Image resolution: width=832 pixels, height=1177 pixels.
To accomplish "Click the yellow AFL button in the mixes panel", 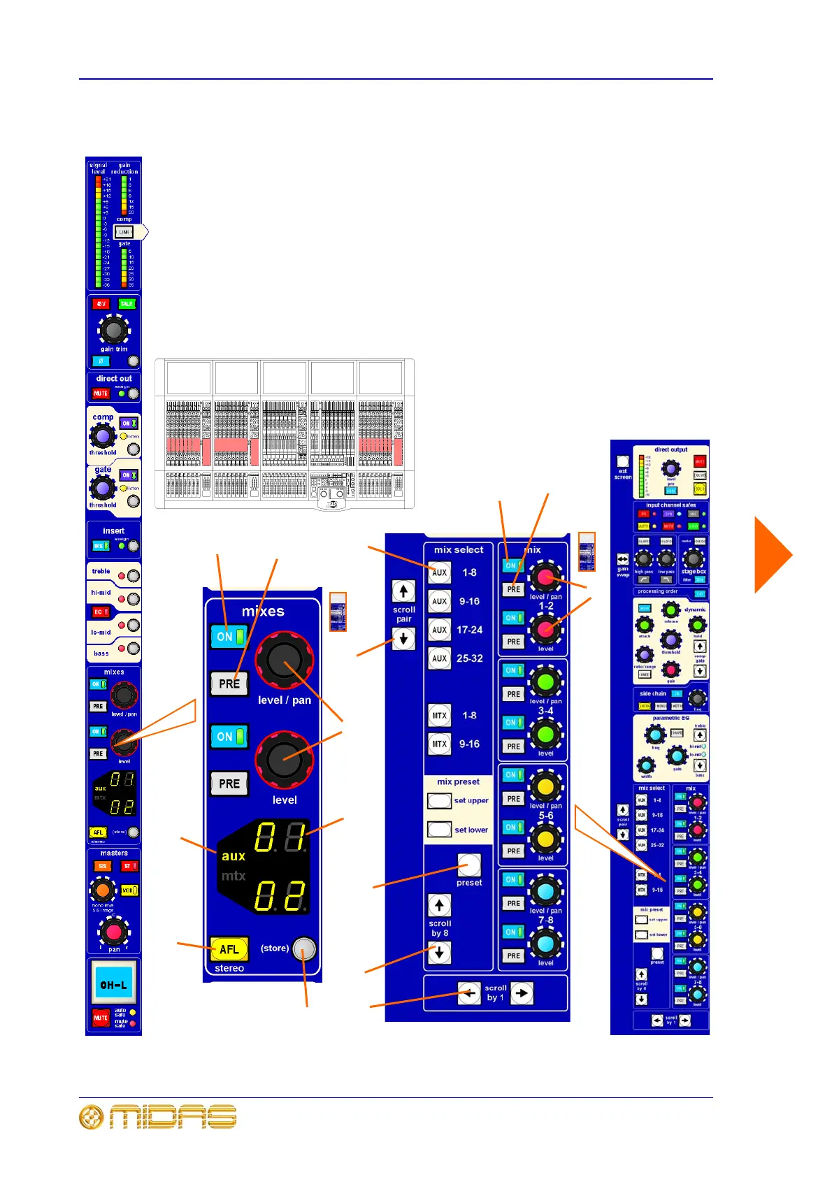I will tap(229, 949).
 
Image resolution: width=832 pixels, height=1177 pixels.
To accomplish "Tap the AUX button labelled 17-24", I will tap(439, 630).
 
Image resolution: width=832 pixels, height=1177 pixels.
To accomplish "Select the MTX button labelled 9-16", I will tap(439, 744).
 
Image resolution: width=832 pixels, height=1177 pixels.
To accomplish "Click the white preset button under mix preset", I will tap(469, 865).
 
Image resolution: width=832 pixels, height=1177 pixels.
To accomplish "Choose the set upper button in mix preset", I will tap(439, 800).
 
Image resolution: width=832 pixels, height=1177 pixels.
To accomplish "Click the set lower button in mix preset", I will tap(439, 830).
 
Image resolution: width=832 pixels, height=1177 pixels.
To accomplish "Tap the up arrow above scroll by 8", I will tap(439, 906).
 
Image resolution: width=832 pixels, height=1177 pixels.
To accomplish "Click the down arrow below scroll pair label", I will tap(403, 638).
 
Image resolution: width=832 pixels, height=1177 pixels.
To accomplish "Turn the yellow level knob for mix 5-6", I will tap(545, 838).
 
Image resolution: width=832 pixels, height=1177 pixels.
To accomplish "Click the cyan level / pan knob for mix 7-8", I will tap(545, 890).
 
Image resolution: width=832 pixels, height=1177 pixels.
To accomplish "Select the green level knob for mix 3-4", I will tap(545, 734).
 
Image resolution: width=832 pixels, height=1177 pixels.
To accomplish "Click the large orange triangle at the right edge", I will tap(772, 555).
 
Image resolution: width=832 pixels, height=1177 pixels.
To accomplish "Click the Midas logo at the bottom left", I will tap(158, 1117).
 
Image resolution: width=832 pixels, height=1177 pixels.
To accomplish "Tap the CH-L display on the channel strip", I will tap(113, 984).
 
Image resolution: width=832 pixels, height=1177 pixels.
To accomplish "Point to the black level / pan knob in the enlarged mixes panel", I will tap(284, 660).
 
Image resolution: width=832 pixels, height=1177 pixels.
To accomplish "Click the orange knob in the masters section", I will tap(102, 890).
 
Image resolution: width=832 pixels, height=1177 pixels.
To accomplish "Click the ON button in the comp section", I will tap(128, 424).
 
